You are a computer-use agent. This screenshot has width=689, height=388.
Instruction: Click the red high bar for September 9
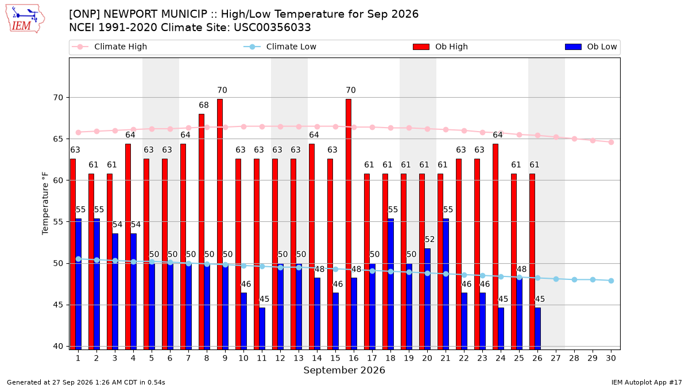[x=219, y=224]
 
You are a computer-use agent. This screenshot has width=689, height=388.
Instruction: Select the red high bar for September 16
[x=348, y=224]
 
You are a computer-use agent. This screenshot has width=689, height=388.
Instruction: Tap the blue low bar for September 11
[x=262, y=329]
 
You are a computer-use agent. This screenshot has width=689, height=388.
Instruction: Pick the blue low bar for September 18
[x=390, y=284]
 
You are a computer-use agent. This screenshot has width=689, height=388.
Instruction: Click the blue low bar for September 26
[x=537, y=329]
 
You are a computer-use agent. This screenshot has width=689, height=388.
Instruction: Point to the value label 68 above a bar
[x=204, y=105]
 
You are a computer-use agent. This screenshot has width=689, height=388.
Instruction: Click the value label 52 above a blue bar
[x=429, y=239]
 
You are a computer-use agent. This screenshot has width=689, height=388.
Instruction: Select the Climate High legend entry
[x=109, y=47]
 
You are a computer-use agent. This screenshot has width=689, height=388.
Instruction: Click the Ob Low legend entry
[x=591, y=47]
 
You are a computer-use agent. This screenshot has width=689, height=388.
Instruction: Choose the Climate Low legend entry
[x=280, y=47]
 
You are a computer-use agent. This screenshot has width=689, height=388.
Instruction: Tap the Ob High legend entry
[x=440, y=47]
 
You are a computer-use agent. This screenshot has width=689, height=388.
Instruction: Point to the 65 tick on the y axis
[x=58, y=139]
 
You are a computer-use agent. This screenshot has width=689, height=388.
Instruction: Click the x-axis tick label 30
[x=611, y=358]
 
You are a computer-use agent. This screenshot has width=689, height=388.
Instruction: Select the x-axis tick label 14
[x=317, y=358]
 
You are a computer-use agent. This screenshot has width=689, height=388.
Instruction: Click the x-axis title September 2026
[x=344, y=370]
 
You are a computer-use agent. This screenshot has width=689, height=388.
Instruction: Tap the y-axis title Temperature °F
[x=45, y=203]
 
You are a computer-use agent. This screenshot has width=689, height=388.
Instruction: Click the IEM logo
[x=25, y=19]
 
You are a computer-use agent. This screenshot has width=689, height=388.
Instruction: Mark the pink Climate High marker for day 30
[x=611, y=143]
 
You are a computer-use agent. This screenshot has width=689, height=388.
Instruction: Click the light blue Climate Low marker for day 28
[x=574, y=279]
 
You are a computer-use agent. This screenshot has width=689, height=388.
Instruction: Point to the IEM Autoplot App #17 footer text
[x=647, y=382]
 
